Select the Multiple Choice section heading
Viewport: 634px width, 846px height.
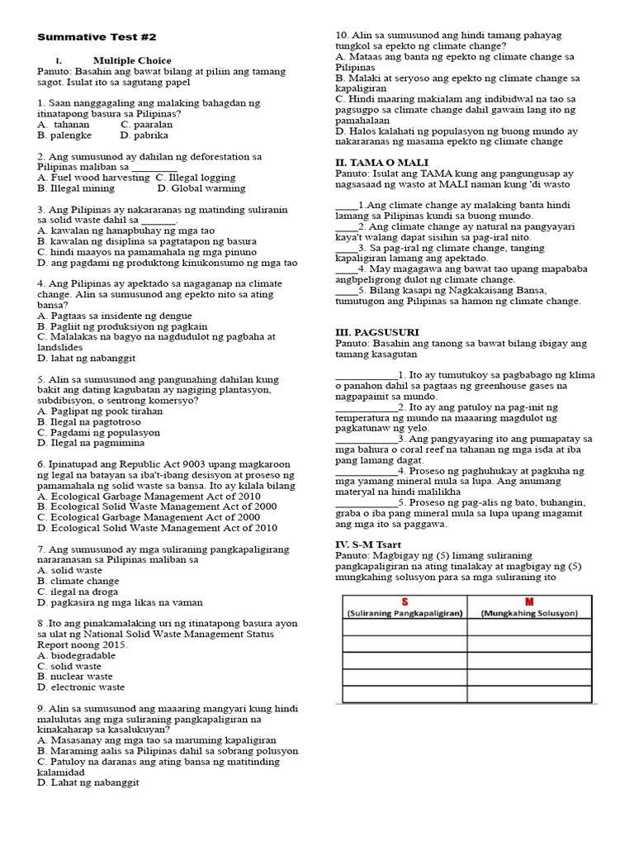click(x=132, y=60)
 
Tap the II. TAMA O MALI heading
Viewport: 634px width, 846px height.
click(x=381, y=163)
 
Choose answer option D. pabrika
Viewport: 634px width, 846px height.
click(x=144, y=135)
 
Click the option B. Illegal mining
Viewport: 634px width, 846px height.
click(x=76, y=188)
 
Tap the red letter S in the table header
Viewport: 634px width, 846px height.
click(x=405, y=601)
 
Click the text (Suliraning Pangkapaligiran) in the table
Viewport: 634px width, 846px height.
click(x=405, y=613)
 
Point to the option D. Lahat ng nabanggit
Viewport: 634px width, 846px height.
click(x=88, y=782)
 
